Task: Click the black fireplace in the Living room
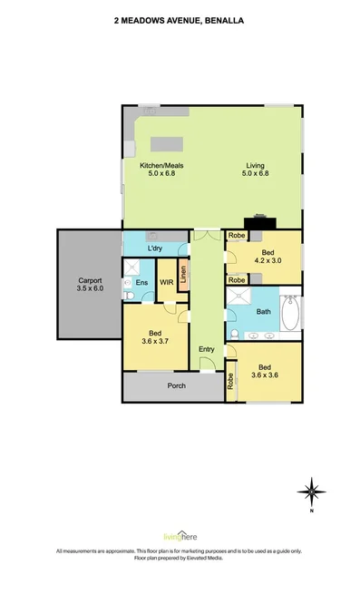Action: point(262,219)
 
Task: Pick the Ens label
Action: point(141,283)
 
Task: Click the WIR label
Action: point(166,283)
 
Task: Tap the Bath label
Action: point(263,311)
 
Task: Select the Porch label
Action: point(176,385)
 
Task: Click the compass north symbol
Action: point(311,491)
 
